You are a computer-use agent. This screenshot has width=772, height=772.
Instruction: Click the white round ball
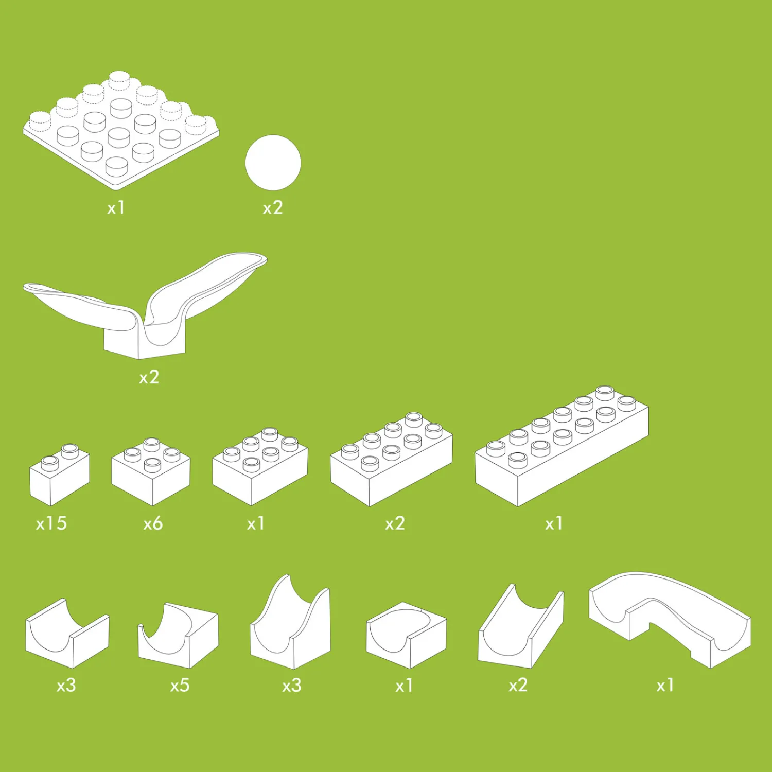[273, 163]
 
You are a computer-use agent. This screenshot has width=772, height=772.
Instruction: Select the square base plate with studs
[121, 131]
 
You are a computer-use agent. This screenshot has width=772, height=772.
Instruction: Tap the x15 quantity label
[51, 523]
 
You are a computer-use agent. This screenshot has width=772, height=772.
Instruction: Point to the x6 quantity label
[153, 523]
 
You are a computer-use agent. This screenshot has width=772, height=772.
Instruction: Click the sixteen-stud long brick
[562, 446]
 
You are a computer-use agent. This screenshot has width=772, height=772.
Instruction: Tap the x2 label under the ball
[273, 208]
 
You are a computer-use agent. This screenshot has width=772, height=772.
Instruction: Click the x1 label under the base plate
[116, 208]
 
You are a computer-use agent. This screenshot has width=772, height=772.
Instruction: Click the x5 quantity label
[180, 686]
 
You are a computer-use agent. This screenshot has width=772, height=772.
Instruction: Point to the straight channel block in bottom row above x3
[67, 633]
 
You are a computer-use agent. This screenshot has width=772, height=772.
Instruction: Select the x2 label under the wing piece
[149, 378]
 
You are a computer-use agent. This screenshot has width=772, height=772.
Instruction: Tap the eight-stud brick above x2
[391, 459]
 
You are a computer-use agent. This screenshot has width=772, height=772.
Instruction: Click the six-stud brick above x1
[260, 466]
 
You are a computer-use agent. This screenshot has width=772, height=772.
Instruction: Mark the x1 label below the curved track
[665, 686]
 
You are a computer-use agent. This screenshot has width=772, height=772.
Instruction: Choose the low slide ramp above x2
[520, 626]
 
